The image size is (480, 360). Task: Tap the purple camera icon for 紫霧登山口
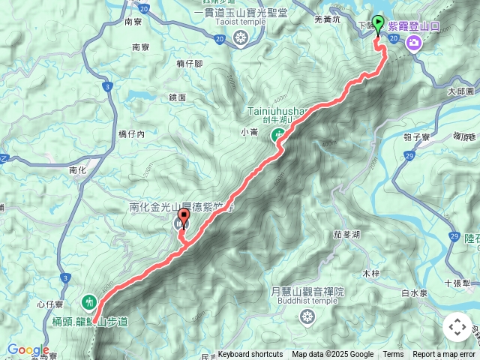tap(412, 44)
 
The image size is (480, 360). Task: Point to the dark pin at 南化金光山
tap(181, 223)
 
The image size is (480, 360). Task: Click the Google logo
tap(28, 349)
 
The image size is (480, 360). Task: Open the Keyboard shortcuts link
tap(250, 355)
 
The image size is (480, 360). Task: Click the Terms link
tap(393, 355)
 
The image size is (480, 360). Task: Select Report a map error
tap(444, 355)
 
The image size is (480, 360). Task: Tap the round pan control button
tap(457, 327)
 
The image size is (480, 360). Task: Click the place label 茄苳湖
tap(347, 235)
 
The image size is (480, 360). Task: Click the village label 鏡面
tap(178, 97)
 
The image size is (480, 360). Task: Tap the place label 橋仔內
tap(131, 133)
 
